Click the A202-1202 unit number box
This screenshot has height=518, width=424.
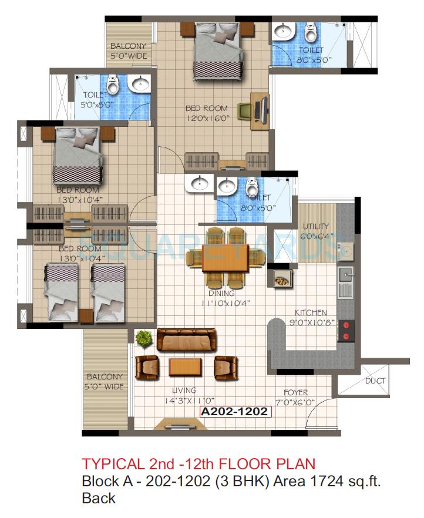(235, 412)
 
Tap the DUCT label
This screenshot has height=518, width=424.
(375, 381)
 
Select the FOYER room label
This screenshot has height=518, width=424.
(295, 393)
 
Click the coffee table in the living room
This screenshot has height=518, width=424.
(186, 367)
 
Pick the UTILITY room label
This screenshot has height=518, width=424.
(316, 227)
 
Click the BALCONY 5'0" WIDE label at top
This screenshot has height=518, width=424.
(129, 51)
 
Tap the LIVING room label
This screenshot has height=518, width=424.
(184, 391)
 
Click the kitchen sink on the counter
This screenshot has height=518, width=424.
(345, 274)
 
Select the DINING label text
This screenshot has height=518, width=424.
(221, 293)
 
